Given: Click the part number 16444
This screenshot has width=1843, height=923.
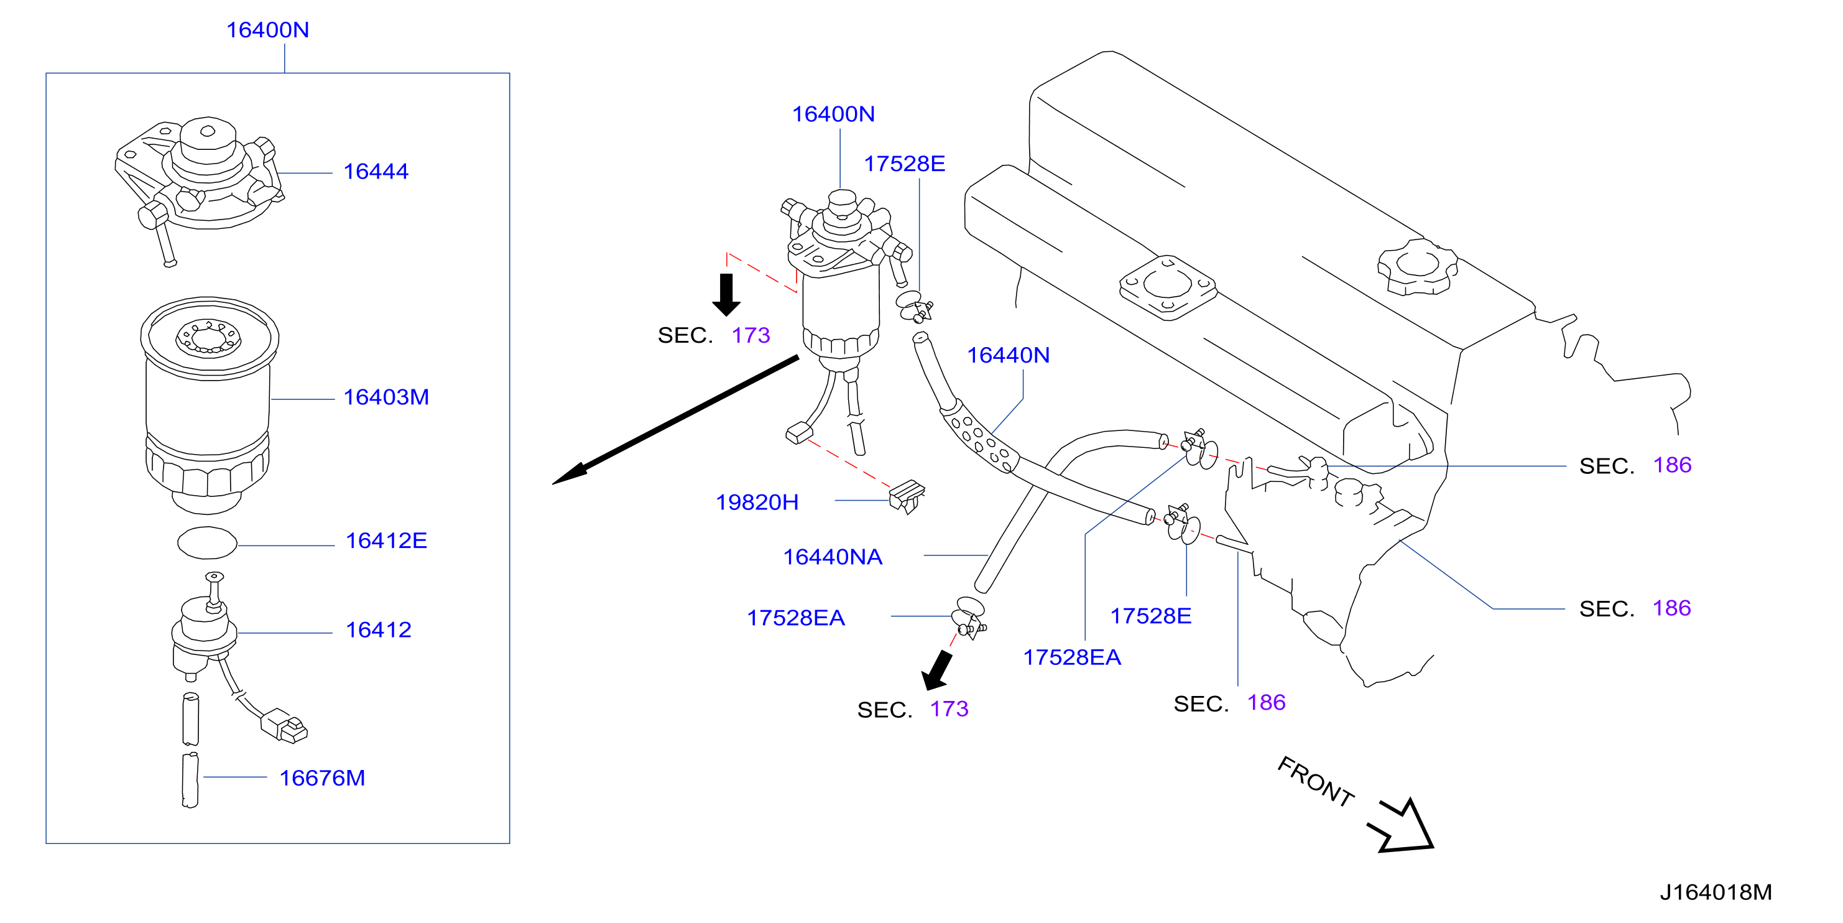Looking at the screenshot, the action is point(376,172).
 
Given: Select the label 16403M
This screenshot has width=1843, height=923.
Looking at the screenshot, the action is point(386,397).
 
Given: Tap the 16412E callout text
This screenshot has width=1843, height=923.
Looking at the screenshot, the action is point(386,541).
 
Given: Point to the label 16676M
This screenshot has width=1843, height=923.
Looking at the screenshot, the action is point(322,777).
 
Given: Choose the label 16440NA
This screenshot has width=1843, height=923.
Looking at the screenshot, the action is point(833,557).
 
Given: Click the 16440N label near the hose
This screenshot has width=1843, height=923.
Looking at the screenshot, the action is point(1008,355).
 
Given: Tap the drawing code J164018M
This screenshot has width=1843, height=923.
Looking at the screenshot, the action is point(1716,893).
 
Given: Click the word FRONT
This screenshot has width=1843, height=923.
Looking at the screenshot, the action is point(1315,781).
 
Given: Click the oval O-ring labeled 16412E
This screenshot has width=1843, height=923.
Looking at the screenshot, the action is point(207,542).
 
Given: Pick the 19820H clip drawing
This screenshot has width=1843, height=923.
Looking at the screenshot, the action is point(907,496).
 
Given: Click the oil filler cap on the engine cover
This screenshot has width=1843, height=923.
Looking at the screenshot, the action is point(1417,266).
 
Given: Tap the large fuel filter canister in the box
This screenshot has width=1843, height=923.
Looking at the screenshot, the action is point(208,404).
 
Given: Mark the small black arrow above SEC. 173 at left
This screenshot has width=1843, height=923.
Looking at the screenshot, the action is point(726,294).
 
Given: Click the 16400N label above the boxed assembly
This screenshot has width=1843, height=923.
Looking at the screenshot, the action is point(267,30).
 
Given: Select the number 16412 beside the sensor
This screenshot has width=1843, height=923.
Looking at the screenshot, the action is point(379,629).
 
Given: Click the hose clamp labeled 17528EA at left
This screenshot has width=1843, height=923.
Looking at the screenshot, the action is point(969,618).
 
